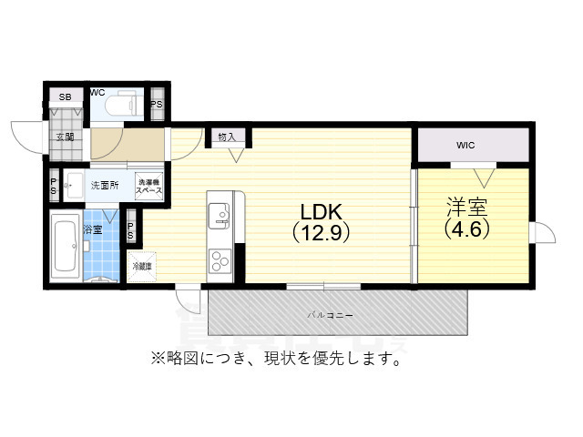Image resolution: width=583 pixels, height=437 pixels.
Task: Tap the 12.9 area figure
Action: pos(321,232)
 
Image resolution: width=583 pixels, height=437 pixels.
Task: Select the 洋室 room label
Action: pos(467,205)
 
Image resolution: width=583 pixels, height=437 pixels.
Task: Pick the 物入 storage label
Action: pos(227,137)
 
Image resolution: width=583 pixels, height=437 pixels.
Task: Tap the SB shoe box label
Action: pos(65,97)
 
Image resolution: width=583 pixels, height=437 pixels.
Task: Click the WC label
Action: pos(97,92)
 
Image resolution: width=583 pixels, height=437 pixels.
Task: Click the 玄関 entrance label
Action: pos(64,137)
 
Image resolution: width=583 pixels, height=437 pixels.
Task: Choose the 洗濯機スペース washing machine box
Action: pos(149,185)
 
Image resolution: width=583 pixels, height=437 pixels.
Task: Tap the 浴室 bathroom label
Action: pos(94,229)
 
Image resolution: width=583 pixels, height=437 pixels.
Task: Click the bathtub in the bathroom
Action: pos(65,248)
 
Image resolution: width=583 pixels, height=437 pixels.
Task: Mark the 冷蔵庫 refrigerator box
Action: pos(141,267)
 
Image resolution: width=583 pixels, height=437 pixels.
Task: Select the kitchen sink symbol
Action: pos(220,215)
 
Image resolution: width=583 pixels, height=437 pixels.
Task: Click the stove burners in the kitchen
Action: pos(220,260)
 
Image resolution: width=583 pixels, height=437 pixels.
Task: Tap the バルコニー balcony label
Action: pos(330,315)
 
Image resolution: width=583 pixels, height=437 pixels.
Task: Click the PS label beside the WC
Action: pos(157,103)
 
